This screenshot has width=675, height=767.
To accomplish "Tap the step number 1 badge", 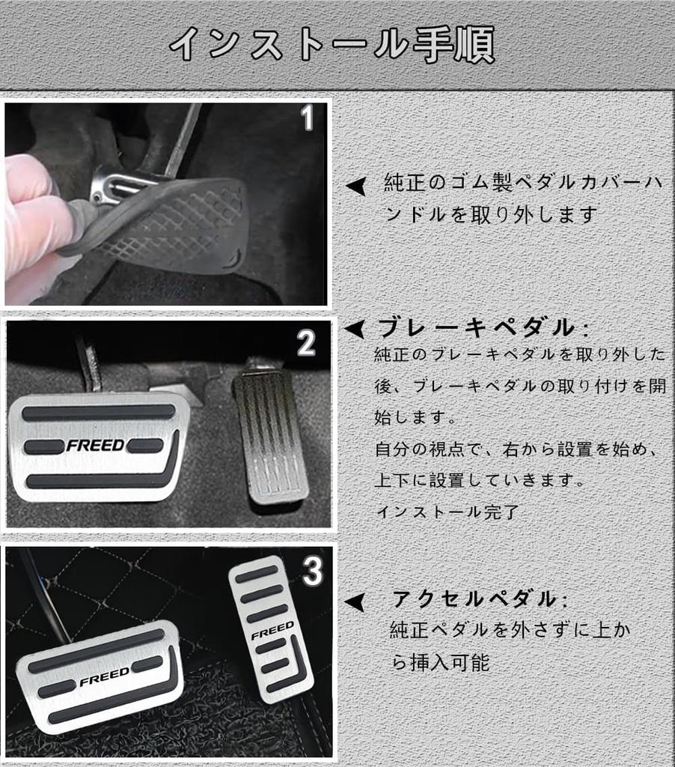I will coord(307,118).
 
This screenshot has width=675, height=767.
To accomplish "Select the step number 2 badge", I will coord(306,343).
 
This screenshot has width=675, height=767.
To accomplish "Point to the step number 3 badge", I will coord(312,572).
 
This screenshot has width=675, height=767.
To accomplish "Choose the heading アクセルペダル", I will coord(479,599).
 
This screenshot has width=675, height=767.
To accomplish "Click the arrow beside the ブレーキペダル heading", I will coord(354,328).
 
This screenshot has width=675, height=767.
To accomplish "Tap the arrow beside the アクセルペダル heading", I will coord(354,601).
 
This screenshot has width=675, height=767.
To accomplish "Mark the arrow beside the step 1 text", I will coord(356,186).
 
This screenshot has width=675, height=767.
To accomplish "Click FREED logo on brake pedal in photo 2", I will coord(95,446).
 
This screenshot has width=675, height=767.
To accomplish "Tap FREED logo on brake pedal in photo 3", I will coord(104,679).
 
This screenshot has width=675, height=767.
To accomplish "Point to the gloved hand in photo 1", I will coord(34,217).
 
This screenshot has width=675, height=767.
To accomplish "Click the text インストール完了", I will coord(447,512).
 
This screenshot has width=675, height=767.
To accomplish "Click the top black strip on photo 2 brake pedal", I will coord(97,412).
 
